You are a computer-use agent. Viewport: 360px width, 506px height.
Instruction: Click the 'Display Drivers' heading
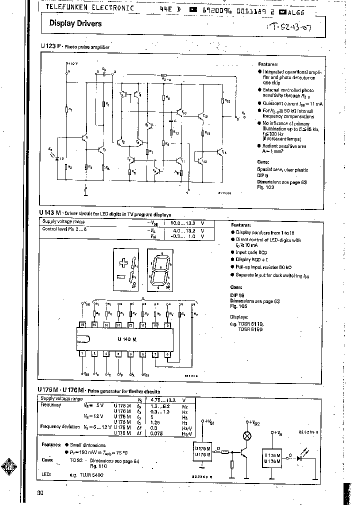pos(75,23)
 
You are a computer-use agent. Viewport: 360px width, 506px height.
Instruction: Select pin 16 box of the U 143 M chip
pos(82,325)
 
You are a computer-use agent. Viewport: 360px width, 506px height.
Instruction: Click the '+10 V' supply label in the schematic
pos(72,64)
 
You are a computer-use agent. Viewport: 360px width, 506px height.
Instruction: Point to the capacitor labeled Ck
pos(104,72)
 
